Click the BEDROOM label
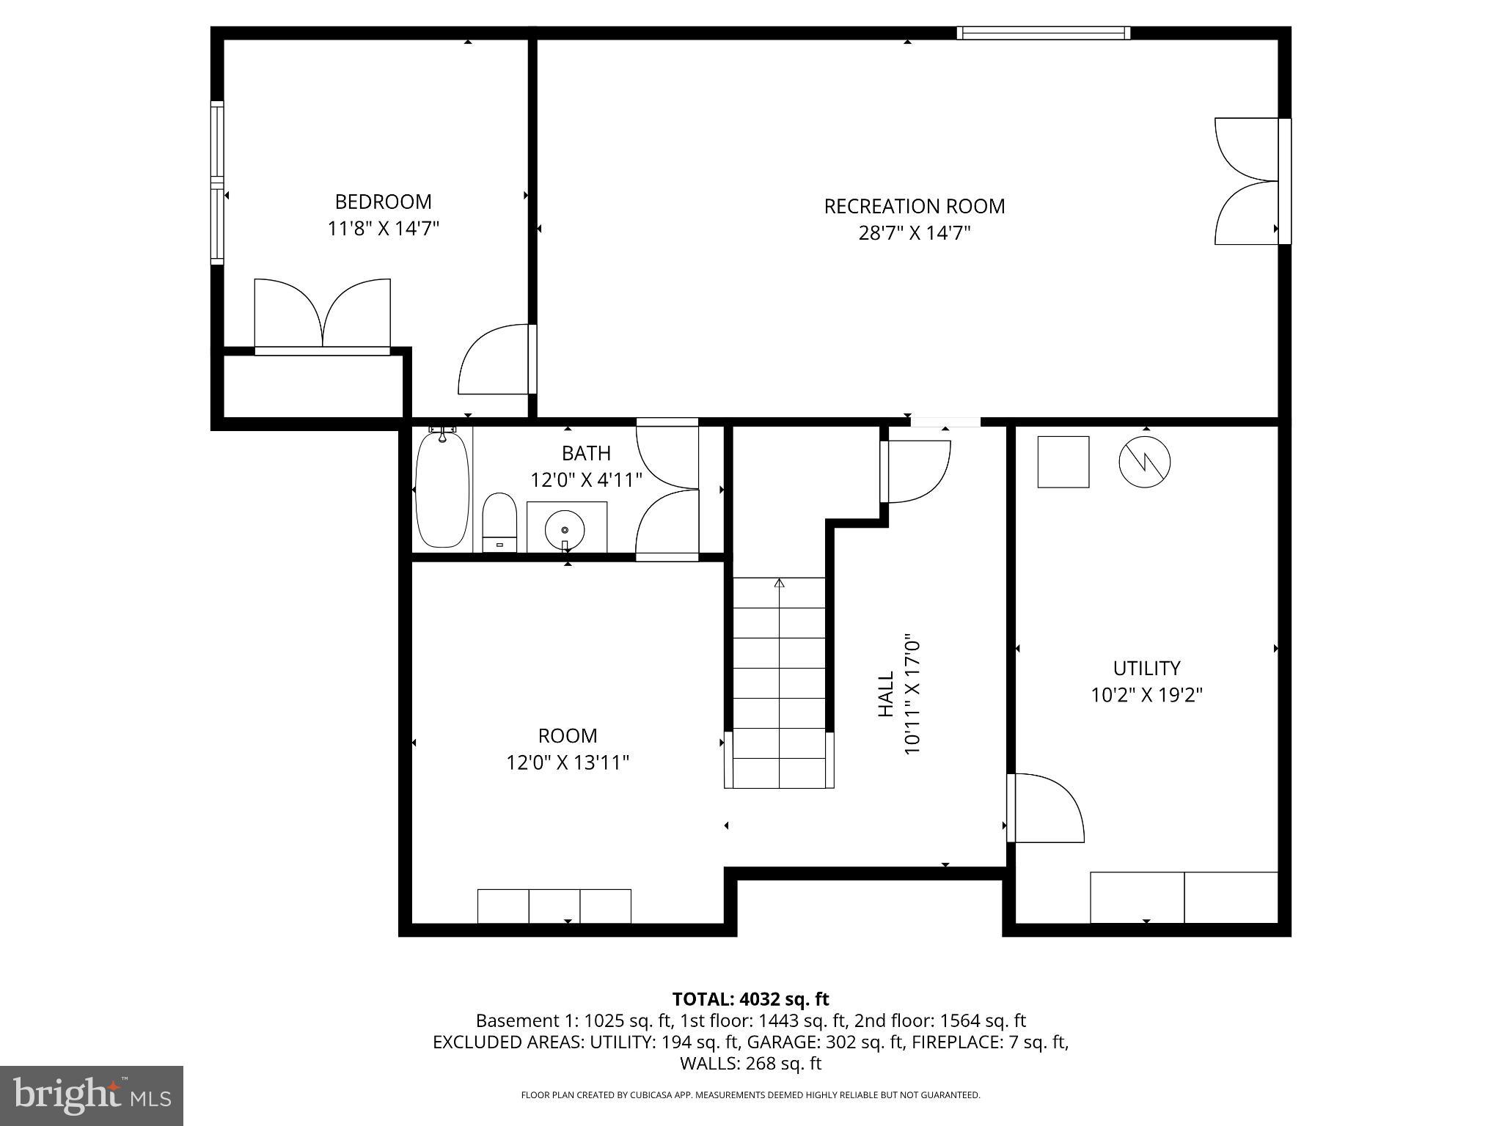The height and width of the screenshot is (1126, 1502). tap(383, 202)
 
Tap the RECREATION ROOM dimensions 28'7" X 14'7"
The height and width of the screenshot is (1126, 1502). tap(915, 233)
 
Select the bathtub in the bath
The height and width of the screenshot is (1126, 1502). tap(442, 490)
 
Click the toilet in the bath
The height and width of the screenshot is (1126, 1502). tap(500, 522)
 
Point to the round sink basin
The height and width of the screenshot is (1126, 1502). tap(565, 528)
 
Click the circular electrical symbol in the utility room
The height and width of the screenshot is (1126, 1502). tap(1144, 462)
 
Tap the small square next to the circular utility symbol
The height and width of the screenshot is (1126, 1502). tap(1063, 462)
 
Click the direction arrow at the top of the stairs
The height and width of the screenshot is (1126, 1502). tap(779, 584)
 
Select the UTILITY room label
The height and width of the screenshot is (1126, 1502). tap(1146, 668)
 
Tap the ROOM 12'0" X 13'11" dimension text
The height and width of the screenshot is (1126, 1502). tap(568, 763)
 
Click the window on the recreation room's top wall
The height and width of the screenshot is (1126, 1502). tap(1043, 33)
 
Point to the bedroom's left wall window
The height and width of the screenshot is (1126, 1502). tap(217, 182)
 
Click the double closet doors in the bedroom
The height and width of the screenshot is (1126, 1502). tap(322, 315)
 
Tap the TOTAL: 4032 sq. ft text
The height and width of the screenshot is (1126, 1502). tap(750, 999)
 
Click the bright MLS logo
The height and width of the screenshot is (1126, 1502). tap(92, 1096)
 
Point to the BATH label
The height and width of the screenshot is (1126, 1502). tap(586, 453)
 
